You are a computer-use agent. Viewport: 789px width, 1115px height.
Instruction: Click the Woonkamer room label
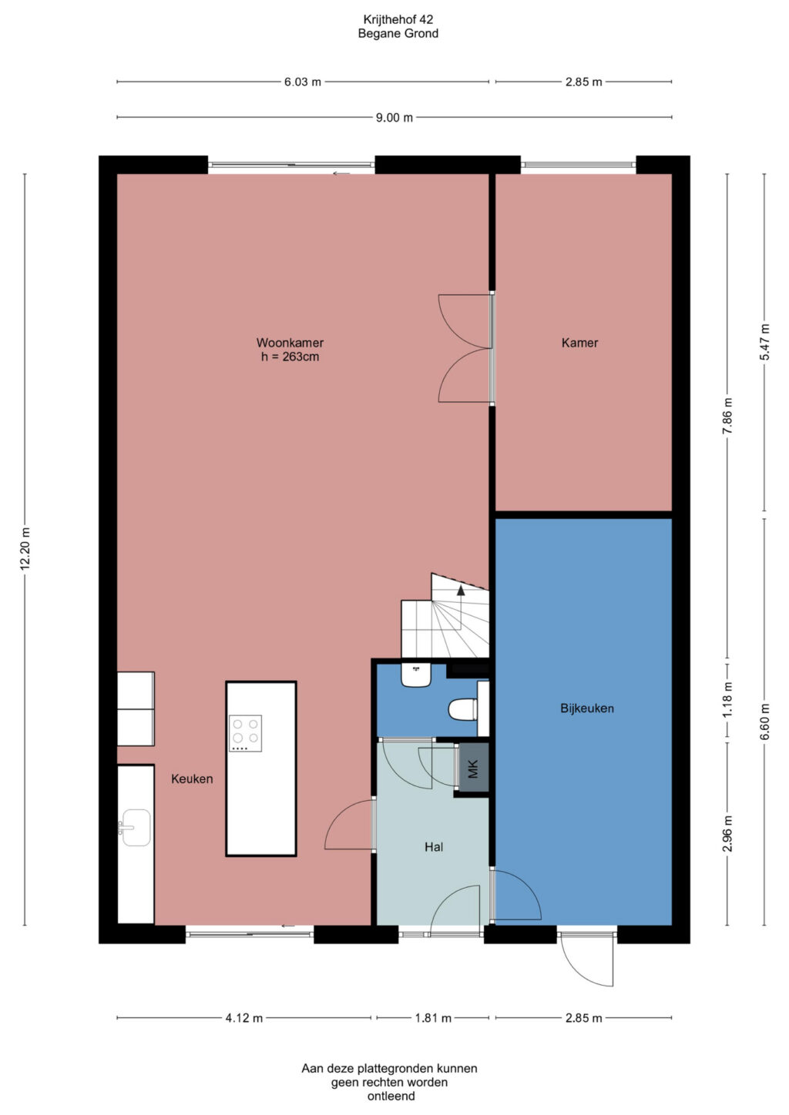(290, 343)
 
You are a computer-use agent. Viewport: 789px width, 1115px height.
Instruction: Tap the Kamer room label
(579, 343)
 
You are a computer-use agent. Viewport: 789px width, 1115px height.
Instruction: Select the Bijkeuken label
(587, 708)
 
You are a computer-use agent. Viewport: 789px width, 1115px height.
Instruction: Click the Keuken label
(192, 779)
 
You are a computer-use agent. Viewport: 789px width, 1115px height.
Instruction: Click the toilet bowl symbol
(463, 709)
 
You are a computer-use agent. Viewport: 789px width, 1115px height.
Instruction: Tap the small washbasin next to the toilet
(416, 675)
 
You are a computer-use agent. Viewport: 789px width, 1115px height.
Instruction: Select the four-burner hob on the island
(245, 733)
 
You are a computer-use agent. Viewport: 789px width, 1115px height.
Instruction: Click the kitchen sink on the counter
(136, 828)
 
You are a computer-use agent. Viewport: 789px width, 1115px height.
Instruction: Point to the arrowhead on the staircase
(461, 591)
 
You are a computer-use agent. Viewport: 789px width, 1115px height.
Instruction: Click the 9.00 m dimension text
(394, 118)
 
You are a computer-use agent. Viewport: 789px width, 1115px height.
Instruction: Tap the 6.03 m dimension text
(302, 82)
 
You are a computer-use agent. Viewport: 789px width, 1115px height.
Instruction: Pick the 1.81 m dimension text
(433, 1018)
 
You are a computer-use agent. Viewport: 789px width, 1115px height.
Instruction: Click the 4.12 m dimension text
(244, 1018)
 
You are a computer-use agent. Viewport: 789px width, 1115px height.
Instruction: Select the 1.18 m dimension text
(727, 699)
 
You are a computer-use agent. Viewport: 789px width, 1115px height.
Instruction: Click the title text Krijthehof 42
(398, 19)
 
